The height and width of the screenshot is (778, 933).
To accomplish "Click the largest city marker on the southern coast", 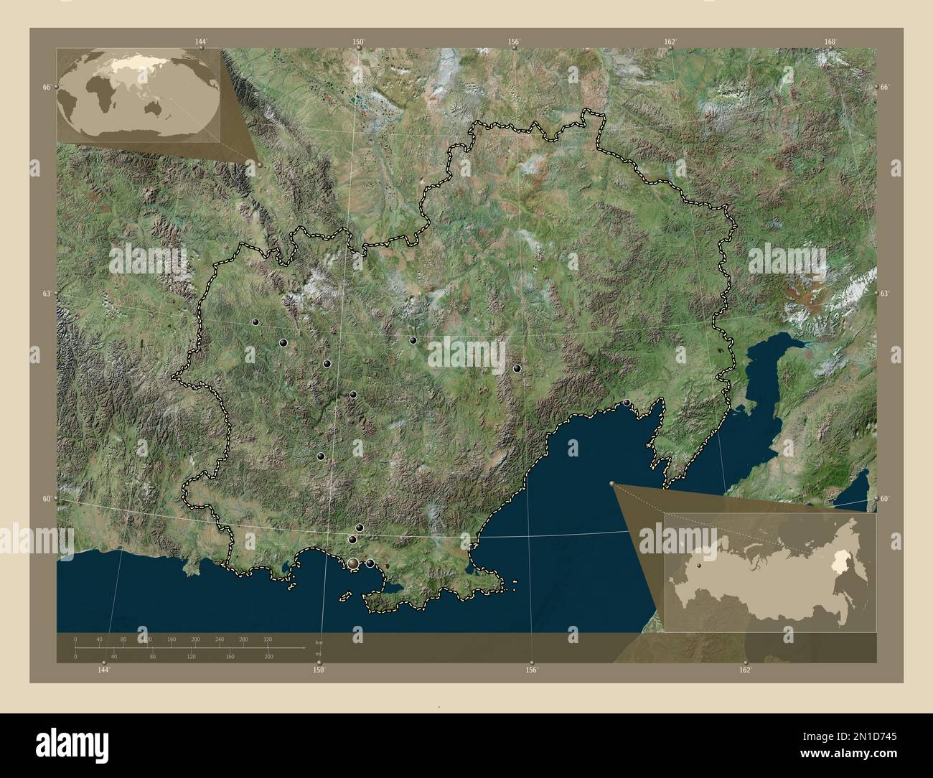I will coord(353,564).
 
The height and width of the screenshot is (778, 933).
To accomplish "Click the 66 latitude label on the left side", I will coord(47,87).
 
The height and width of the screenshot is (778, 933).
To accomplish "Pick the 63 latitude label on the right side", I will coord(885,294).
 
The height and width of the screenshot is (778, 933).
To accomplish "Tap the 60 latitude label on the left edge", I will coord(47,498).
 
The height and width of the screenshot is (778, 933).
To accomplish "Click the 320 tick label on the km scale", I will coord(268,639).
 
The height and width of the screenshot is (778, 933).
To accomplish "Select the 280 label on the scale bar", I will coord(243,639).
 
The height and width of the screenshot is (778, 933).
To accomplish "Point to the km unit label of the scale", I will coord(319,642).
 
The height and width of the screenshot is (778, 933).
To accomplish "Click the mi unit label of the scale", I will coord(319,654).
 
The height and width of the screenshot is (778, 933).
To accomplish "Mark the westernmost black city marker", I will coord(255,322).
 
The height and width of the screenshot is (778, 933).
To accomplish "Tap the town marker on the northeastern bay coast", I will coord(627,403).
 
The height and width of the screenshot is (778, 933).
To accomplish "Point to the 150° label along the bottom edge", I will coord(319,670).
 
